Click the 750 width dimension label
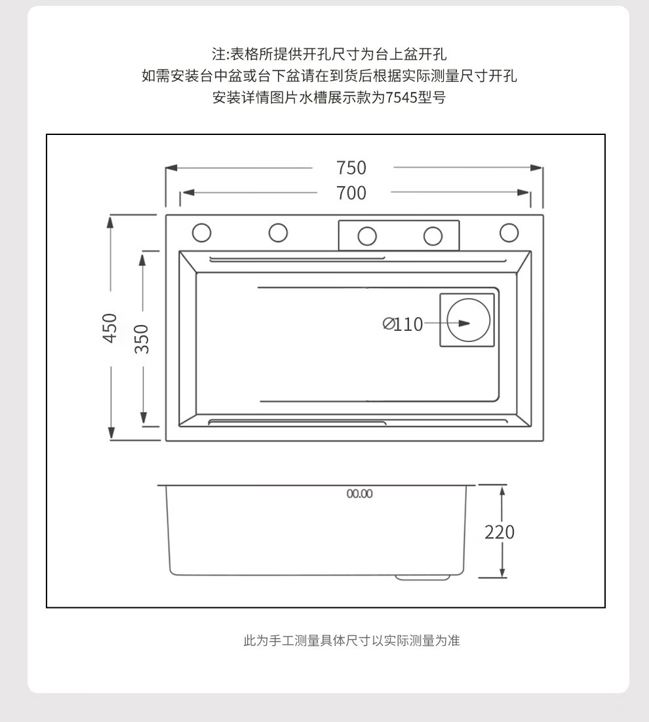click(x=351, y=168)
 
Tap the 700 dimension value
click(x=351, y=193)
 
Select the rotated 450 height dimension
click(x=110, y=327)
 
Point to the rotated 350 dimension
click(x=142, y=339)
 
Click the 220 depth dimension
click(x=500, y=532)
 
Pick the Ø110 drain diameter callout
click(x=403, y=324)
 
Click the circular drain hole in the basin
click(x=468, y=321)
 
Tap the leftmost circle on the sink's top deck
click(x=201, y=233)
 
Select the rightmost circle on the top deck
click(x=509, y=233)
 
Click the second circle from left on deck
click(x=278, y=233)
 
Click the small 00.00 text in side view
click(x=359, y=494)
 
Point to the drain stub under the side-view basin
click(x=423, y=577)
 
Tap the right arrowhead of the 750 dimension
click(x=537, y=168)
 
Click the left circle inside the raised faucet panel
click(x=367, y=236)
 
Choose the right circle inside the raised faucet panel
click(x=433, y=236)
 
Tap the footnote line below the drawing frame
click(x=351, y=641)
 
